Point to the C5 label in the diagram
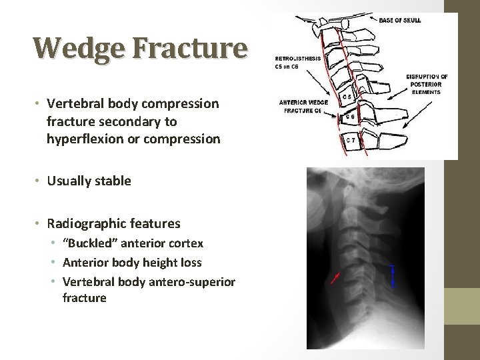(347, 97)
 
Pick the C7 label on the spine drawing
(351, 141)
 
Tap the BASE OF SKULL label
(399, 21)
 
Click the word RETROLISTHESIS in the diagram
(297, 58)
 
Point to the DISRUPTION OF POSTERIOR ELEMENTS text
(427, 84)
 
